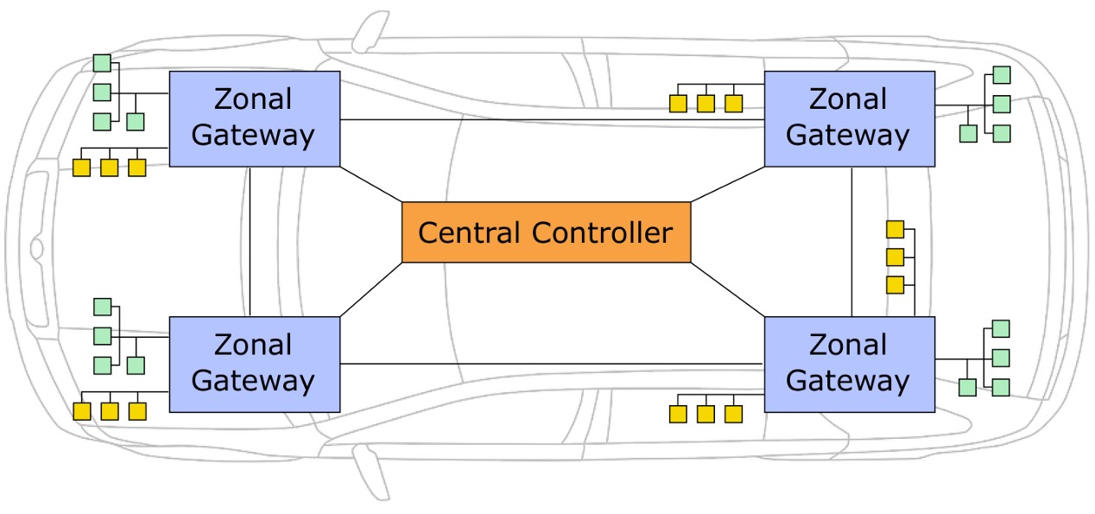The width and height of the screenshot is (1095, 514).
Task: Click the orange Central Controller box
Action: (x=546, y=232)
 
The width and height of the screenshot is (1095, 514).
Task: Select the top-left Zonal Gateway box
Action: (x=254, y=118)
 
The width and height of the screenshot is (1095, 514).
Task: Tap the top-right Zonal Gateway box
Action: (x=849, y=118)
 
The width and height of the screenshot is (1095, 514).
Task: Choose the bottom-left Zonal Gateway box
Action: (x=254, y=364)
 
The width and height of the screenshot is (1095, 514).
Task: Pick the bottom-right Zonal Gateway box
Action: (x=849, y=364)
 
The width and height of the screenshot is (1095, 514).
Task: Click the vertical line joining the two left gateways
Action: (x=250, y=242)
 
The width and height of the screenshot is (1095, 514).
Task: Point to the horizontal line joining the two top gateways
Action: (x=553, y=119)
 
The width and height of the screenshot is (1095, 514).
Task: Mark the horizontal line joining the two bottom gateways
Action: (x=553, y=364)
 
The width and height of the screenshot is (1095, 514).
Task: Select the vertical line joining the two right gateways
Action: (x=852, y=242)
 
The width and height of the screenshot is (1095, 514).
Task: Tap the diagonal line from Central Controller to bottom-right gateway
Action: (x=728, y=289)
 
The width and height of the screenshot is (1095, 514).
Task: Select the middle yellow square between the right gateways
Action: (x=896, y=257)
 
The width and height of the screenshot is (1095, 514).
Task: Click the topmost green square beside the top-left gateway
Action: (x=102, y=63)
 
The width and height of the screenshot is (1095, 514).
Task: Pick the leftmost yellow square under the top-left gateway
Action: (x=82, y=168)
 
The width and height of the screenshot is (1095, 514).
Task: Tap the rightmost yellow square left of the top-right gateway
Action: (x=733, y=104)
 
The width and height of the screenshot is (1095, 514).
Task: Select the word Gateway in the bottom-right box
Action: (x=848, y=381)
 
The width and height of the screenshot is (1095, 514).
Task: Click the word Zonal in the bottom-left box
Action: (x=253, y=346)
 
